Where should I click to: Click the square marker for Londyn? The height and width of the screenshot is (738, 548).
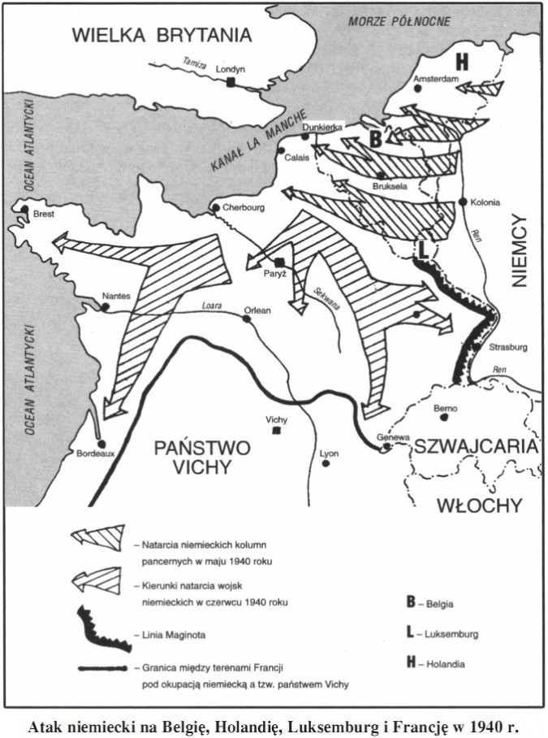click(232, 82)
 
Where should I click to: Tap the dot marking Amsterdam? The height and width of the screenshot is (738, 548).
click(416, 90)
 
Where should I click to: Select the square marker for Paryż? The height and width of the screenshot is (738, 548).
click(279, 263)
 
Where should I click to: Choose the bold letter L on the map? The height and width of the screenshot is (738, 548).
click(422, 247)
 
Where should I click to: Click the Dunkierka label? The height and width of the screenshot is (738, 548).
click(323, 128)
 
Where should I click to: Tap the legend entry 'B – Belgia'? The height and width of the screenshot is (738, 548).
click(429, 603)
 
